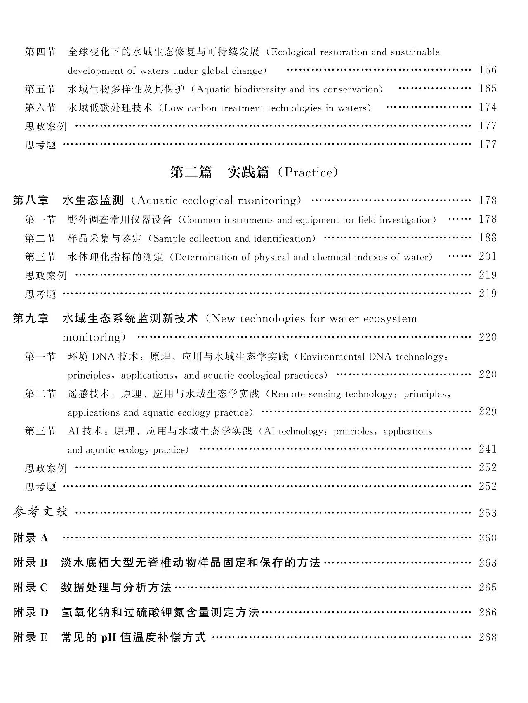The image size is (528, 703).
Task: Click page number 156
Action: pyautogui.click(x=488, y=70)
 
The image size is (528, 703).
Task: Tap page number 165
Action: pyautogui.click(x=488, y=89)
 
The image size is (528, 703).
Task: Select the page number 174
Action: pyautogui.click(x=488, y=107)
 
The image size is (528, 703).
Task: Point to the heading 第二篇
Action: pyautogui.click(x=191, y=172)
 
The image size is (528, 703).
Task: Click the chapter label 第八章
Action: pyautogui.click(x=31, y=200)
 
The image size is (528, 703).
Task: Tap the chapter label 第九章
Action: pyautogui.click(x=31, y=318)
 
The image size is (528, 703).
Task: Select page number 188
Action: pyautogui.click(x=488, y=238)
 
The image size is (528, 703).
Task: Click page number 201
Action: pyautogui.click(x=488, y=256)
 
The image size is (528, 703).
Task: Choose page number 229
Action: pyautogui.click(x=488, y=412)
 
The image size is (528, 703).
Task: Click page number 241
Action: pyautogui.click(x=488, y=449)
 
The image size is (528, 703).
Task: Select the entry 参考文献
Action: pyautogui.click(x=40, y=512)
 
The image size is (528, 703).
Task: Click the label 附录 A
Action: pyautogui.click(x=31, y=538)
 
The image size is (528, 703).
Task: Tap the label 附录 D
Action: pyautogui.click(x=31, y=612)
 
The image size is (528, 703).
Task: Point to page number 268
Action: pyautogui.click(x=488, y=637)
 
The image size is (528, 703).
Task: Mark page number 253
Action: pyautogui.click(x=488, y=513)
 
